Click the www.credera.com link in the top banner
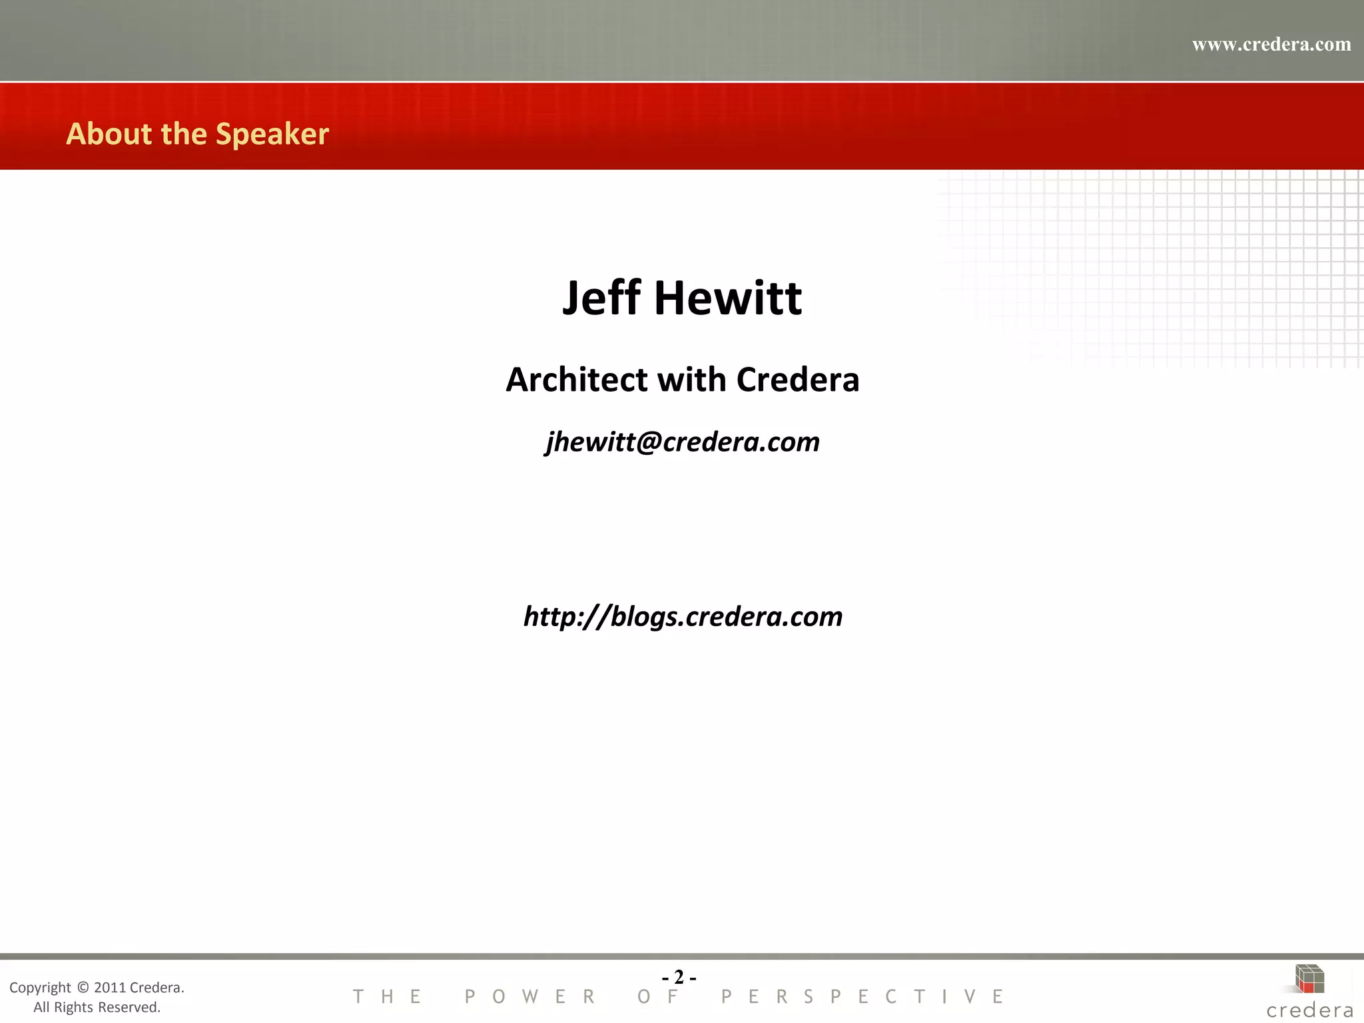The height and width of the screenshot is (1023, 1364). point(1271,45)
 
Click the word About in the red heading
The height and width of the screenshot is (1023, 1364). point(109,134)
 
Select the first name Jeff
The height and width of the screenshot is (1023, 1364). point(601,298)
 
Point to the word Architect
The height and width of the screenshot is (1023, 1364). point(577,380)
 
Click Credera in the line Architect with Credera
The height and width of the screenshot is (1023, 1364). point(798,380)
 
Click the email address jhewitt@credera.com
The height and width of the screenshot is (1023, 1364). point(683,442)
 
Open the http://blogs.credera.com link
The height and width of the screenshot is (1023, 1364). point(683,617)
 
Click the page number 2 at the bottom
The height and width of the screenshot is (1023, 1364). point(679,977)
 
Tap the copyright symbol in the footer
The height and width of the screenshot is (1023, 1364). point(83,987)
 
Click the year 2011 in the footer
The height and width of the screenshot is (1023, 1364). point(110,987)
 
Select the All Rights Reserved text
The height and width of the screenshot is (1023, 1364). point(97,1007)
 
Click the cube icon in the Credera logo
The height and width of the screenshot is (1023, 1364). point(1309,978)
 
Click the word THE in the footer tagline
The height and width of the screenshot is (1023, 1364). point(387,996)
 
